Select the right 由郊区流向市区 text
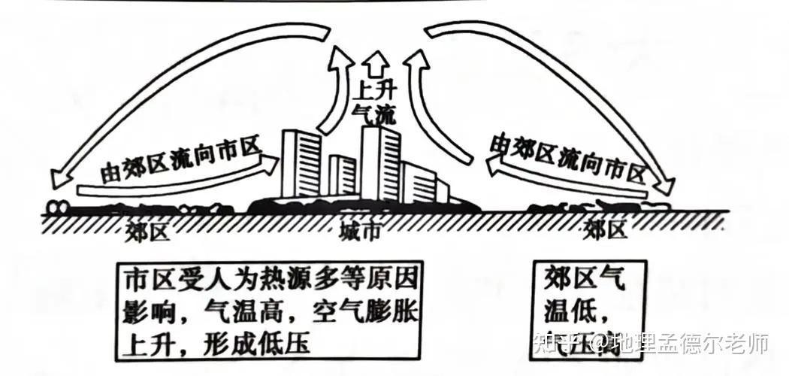(x=568, y=156)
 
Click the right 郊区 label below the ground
(x=605, y=229)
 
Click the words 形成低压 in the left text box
(x=259, y=344)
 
